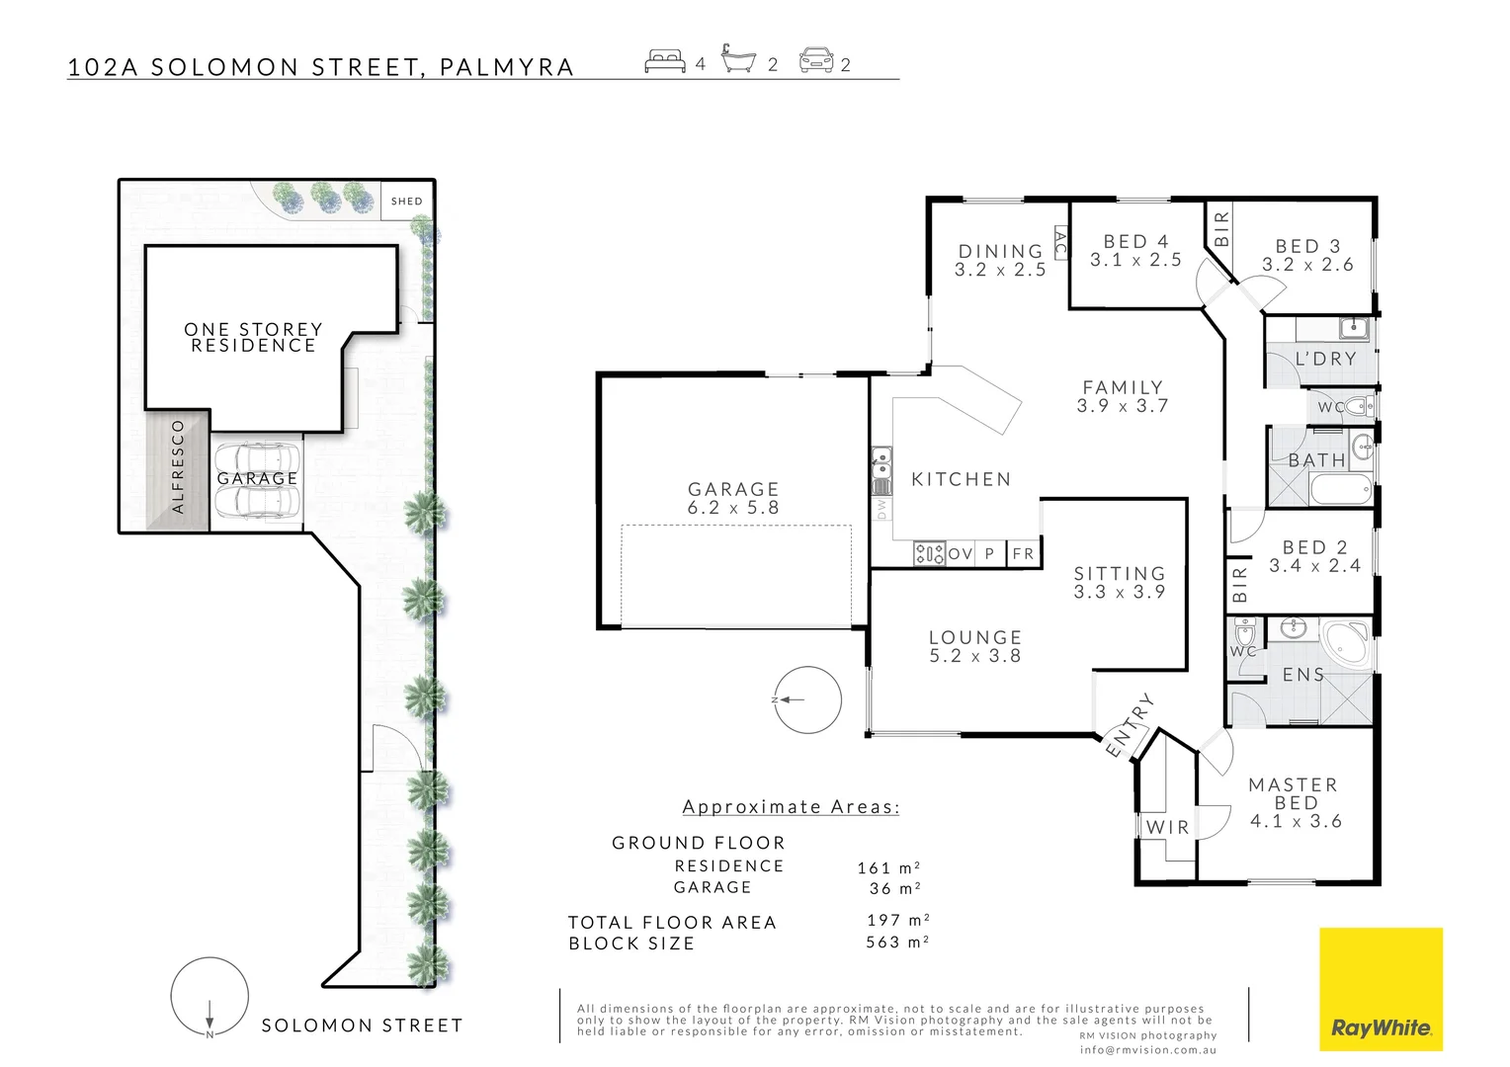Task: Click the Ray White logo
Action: point(1381,989)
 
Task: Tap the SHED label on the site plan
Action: point(406,202)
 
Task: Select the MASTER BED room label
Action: point(1295,802)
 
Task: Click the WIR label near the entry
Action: point(1167,828)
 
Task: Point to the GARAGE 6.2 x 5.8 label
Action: point(733,498)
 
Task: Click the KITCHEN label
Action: point(962,479)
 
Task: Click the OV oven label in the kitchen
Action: point(961,554)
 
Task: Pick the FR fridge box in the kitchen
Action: point(1024,553)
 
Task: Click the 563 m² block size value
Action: point(897,943)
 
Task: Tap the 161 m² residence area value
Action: point(888,867)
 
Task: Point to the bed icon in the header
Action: point(665,62)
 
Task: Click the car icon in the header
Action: point(816,61)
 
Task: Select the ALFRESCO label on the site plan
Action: point(179,467)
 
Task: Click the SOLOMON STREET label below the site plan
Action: point(362,1026)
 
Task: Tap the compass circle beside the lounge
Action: point(807,699)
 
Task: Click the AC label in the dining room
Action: point(1060,242)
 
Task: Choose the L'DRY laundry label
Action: point(1325,359)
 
